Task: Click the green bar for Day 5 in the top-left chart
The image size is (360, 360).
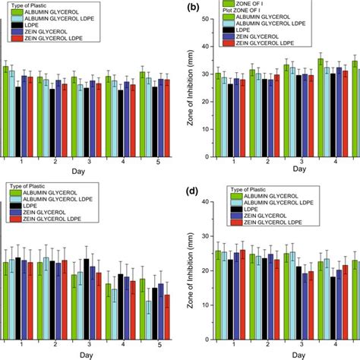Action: [142, 115]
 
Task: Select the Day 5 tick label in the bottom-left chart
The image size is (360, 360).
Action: [158, 344]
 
